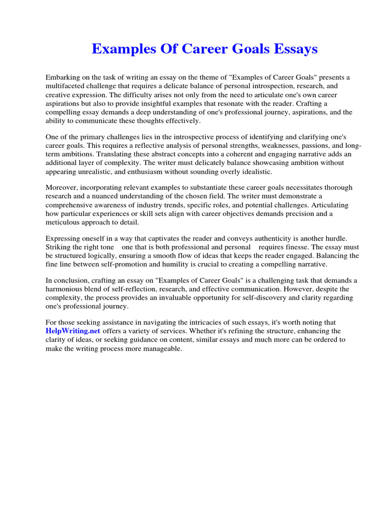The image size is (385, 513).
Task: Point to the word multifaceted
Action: point(65,86)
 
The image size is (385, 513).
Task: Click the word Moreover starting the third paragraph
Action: point(62,188)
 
